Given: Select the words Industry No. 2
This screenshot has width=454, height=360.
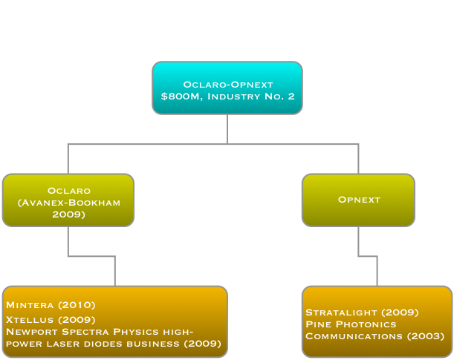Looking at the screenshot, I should coord(252,96).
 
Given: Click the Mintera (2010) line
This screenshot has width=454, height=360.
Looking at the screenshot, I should coord(51,305).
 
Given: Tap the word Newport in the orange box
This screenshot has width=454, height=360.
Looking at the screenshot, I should coord(27,331).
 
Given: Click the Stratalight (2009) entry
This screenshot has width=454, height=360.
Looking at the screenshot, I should coord(362,312).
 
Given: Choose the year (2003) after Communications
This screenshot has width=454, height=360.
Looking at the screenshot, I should coord(426,337).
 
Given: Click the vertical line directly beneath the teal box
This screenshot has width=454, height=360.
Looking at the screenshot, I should coord(227,128).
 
